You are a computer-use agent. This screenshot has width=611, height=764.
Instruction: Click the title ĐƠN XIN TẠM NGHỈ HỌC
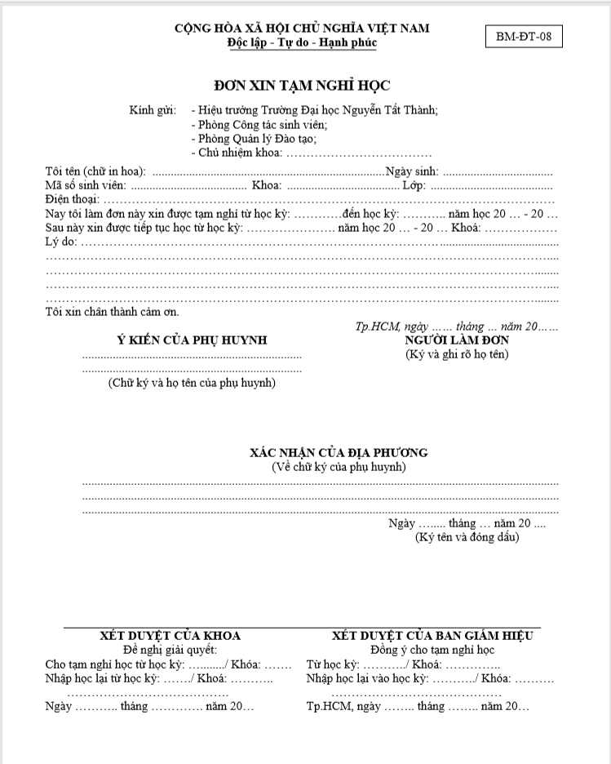(302, 85)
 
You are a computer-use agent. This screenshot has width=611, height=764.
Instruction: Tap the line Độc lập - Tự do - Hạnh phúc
(302, 42)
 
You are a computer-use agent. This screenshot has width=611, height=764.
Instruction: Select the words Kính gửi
(153, 109)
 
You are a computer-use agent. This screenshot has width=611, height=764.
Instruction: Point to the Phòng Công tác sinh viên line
(259, 124)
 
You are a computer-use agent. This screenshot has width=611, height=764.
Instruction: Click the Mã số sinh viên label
(86, 185)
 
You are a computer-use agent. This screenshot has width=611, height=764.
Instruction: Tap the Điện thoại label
(72, 199)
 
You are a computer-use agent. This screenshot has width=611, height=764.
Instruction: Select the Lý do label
(61, 242)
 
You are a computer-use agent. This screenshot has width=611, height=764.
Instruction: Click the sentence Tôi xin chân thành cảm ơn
(113, 312)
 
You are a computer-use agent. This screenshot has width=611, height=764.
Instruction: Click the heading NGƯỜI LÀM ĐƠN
(457, 340)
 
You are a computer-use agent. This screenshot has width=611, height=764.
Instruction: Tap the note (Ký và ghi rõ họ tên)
(457, 353)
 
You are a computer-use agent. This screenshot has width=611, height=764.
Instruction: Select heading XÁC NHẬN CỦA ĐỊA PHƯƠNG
(339, 452)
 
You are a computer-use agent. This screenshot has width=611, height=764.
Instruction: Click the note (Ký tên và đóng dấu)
(467, 537)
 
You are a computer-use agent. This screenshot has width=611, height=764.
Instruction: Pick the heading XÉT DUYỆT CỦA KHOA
(170, 636)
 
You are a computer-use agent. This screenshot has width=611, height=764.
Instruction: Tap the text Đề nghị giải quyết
(170, 650)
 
